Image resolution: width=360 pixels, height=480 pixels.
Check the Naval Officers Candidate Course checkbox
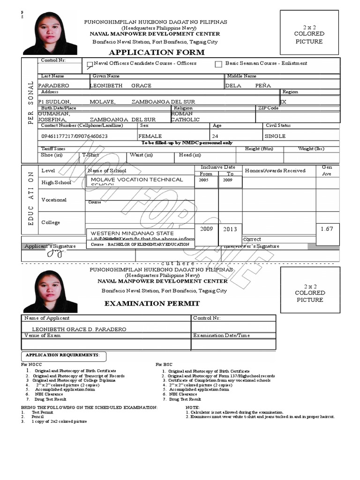tap(90, 66)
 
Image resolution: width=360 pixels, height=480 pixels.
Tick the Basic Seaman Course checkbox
tap(218, 64)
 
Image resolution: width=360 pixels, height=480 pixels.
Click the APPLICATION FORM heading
tap(157, 52)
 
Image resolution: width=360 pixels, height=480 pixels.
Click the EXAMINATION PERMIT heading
tap(151, 303)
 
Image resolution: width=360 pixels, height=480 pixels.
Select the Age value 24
tap(215, 136)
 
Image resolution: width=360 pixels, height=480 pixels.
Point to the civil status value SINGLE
tap(275, 136)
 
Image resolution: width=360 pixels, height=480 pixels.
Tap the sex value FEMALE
tap(150, 136)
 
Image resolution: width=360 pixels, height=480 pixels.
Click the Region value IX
tap(283, 101)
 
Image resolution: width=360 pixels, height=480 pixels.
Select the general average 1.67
tap(327, 229)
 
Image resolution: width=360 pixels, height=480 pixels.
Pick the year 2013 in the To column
tap(230, 229)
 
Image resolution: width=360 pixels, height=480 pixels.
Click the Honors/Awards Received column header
tap(275, 171)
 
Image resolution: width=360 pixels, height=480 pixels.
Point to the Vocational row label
tap(54, 200)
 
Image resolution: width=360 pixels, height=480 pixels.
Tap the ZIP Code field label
tap(268, 108)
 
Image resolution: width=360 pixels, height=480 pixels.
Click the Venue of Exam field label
tap(43, 335)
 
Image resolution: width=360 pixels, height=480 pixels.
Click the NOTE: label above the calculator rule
tap(193, 408)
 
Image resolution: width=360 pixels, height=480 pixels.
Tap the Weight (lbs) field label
tap(311, 149)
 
